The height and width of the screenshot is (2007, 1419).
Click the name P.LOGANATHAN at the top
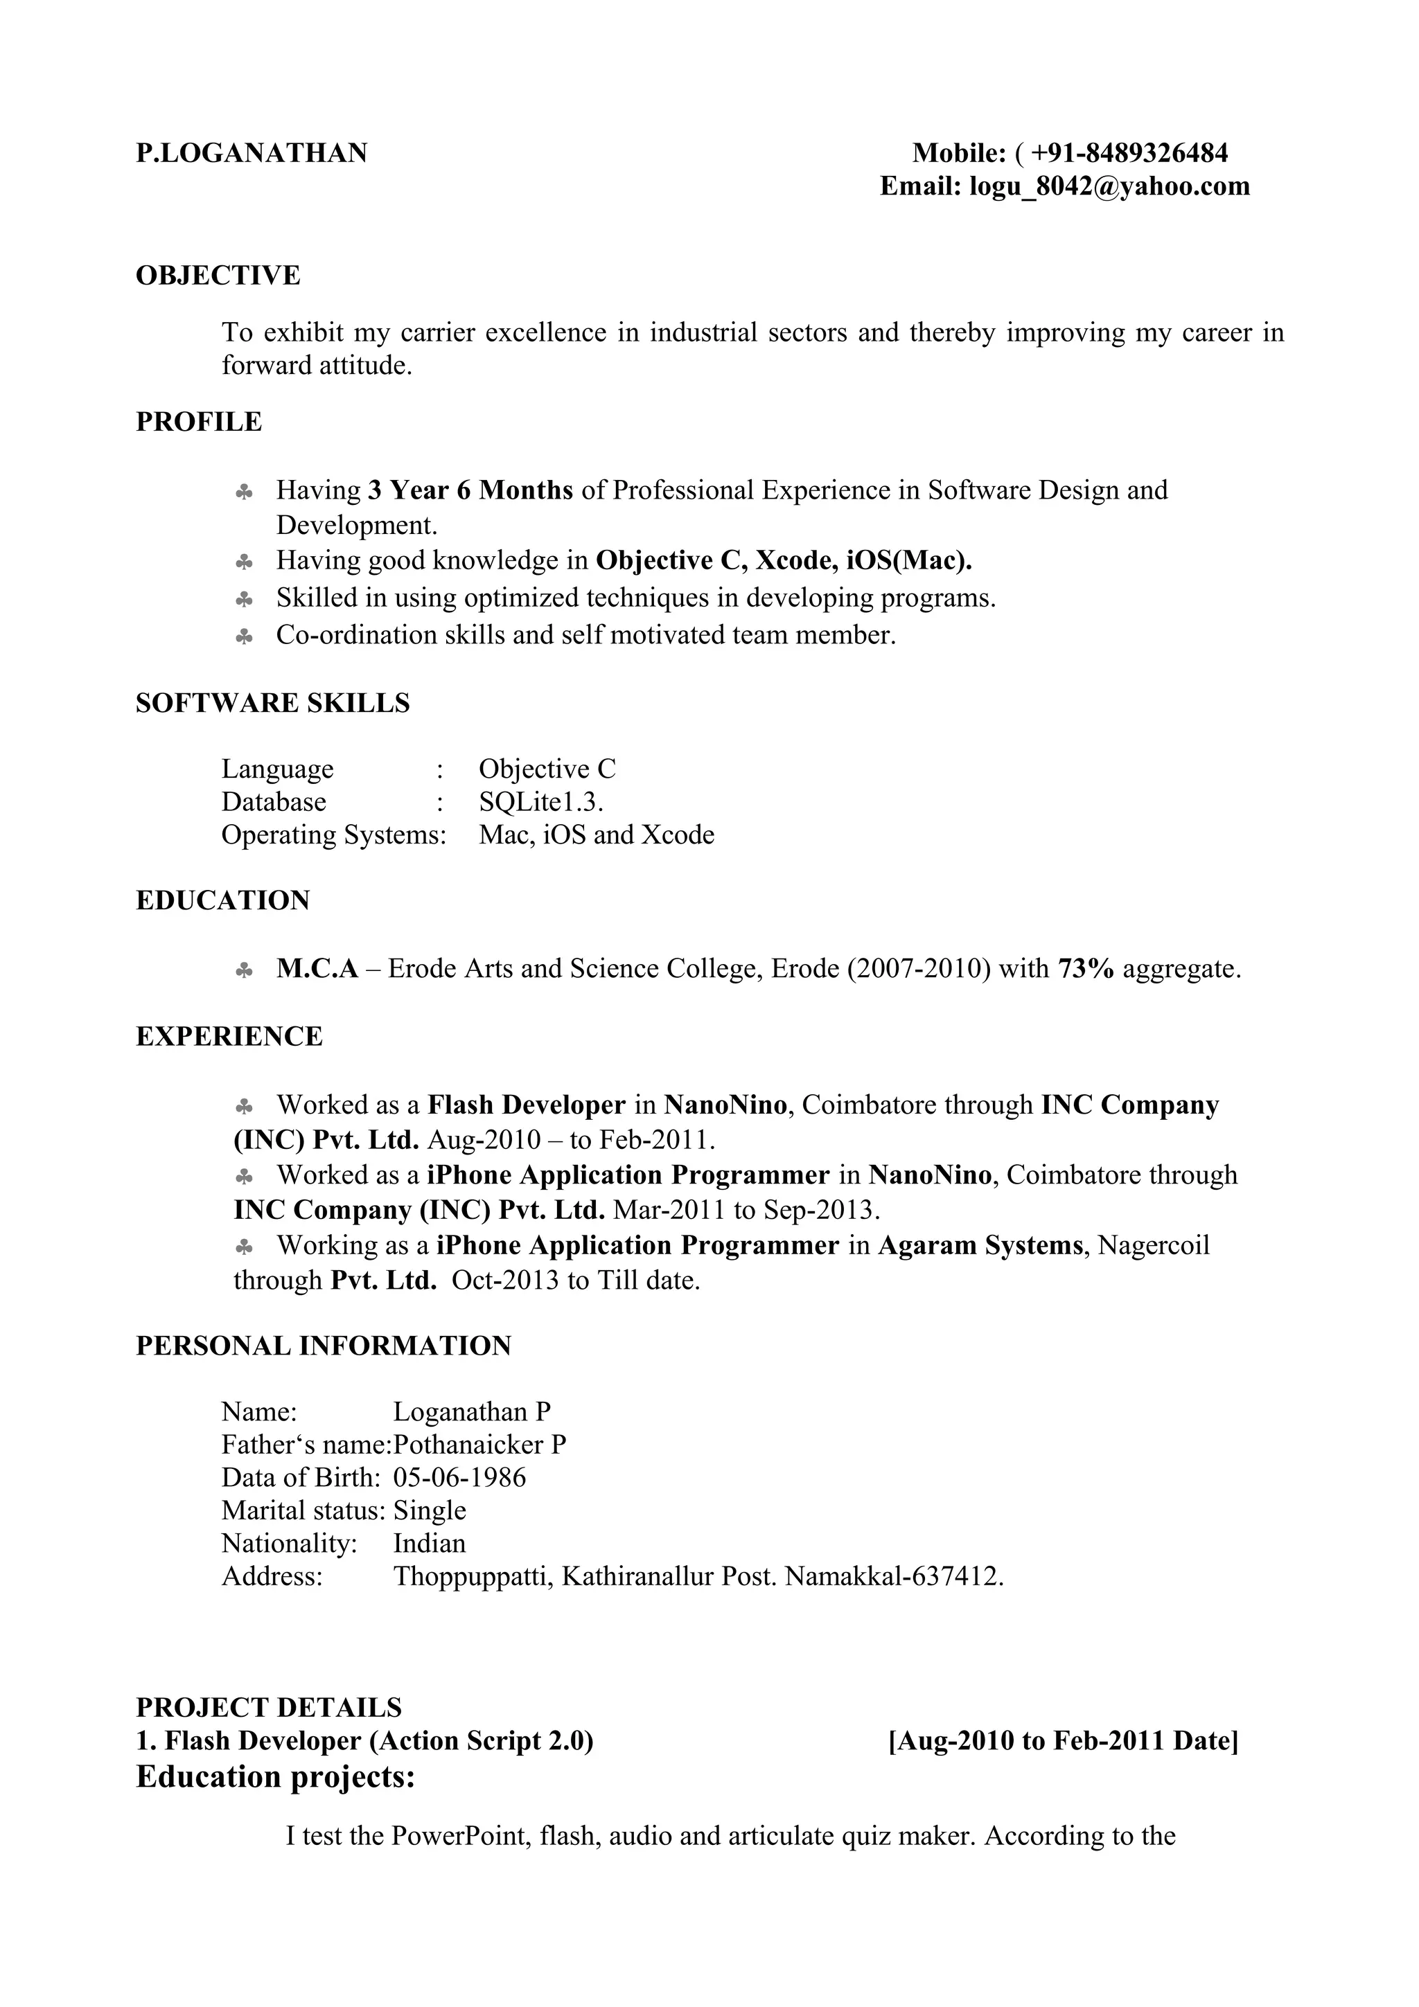point(252,154)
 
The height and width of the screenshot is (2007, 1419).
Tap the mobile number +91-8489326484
point(1129,154)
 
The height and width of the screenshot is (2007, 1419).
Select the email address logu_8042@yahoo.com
point(1109,186)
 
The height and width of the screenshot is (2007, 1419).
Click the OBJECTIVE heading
point(218,276)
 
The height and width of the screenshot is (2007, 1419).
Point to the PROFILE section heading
point(198,422)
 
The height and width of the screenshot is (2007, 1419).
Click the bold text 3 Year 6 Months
point(470,490)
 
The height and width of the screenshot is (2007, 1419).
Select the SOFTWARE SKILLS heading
point(273,703)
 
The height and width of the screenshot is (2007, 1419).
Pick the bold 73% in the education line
point(1085,969)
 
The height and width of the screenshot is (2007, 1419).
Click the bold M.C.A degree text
point(317,969)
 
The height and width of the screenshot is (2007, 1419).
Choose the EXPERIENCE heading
point(229,1037)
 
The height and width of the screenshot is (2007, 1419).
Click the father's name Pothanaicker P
point(479,1444)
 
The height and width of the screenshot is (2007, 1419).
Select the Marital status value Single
point(430,1510)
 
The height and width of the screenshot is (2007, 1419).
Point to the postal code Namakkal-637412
point(894,1576)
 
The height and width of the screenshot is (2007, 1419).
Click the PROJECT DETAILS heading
point(268,1707)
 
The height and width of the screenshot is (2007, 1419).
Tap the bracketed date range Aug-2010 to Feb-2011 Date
point(1062,1740)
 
